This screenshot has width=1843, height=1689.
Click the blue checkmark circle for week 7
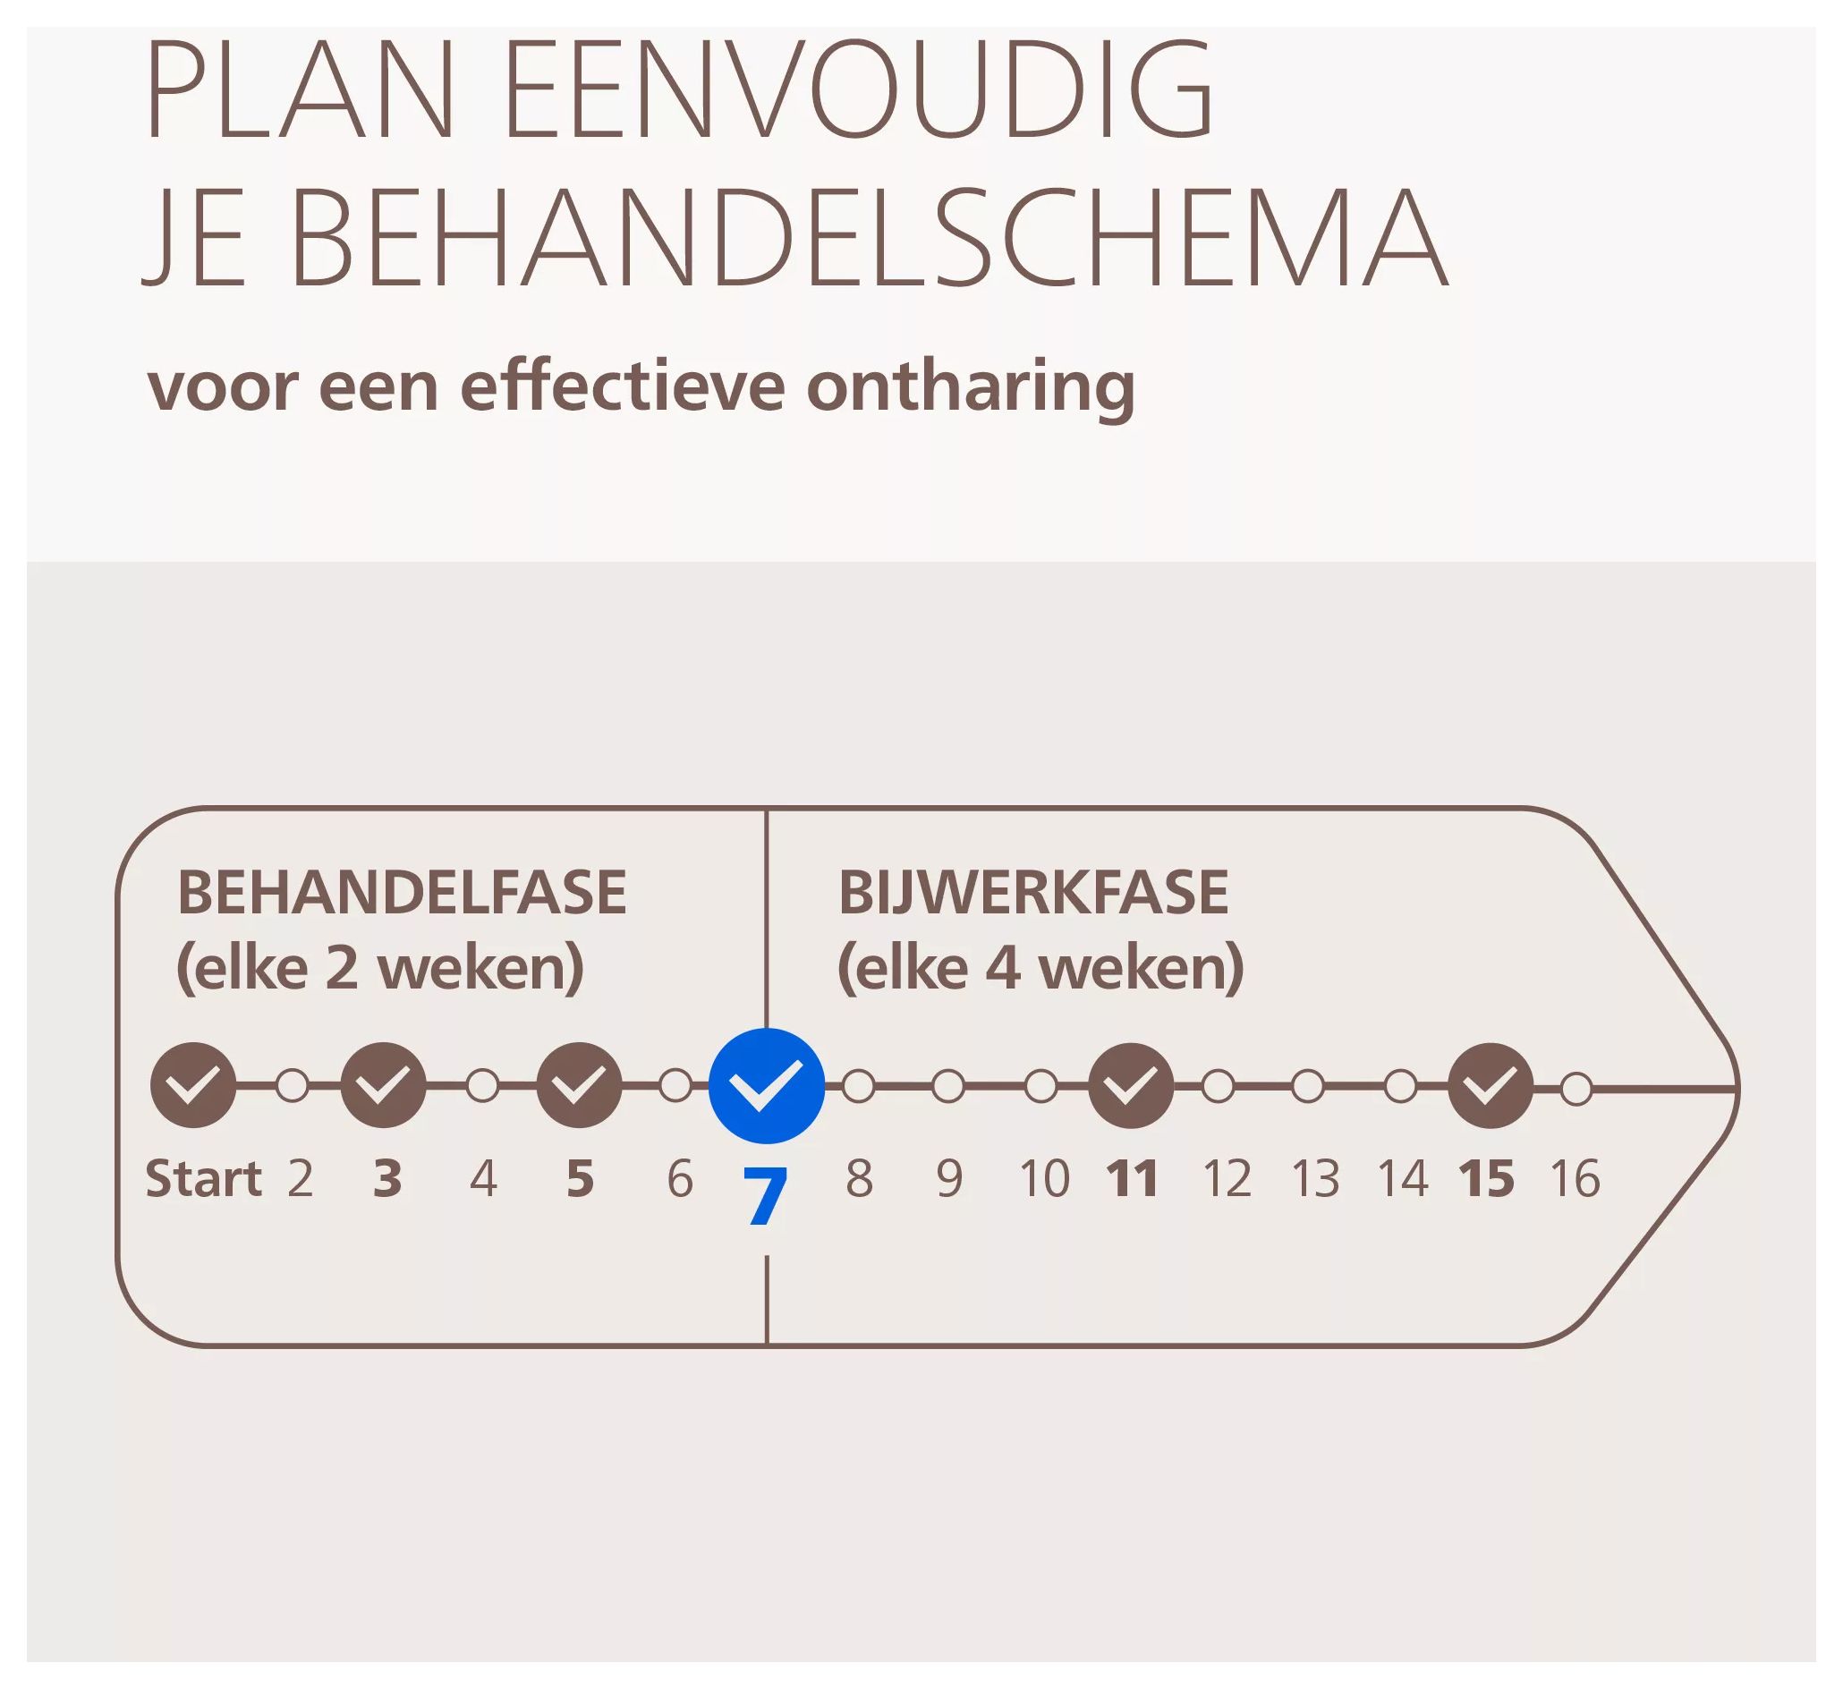766,1086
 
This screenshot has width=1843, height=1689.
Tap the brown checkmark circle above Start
193,1085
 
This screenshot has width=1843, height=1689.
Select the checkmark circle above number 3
383,1085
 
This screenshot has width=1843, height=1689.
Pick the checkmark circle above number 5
579,1085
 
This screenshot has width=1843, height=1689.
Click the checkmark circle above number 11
1131,1086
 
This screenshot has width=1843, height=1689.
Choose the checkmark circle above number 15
1491,1086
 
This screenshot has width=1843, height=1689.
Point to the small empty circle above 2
292,1086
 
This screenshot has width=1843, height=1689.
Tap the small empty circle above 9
948,1087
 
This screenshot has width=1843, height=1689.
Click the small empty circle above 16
1576,1090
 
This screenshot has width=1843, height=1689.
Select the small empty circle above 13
1308,1087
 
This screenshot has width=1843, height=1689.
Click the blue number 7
765,1197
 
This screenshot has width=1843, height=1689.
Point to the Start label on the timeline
203,1178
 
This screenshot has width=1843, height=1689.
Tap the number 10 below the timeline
1044,1179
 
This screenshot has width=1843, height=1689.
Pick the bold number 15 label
1486,1179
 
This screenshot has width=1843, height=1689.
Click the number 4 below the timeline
484,1179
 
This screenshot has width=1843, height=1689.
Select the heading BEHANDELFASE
402,893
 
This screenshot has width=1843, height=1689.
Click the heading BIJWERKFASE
1033,893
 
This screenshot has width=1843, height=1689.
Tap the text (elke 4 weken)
1040,968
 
